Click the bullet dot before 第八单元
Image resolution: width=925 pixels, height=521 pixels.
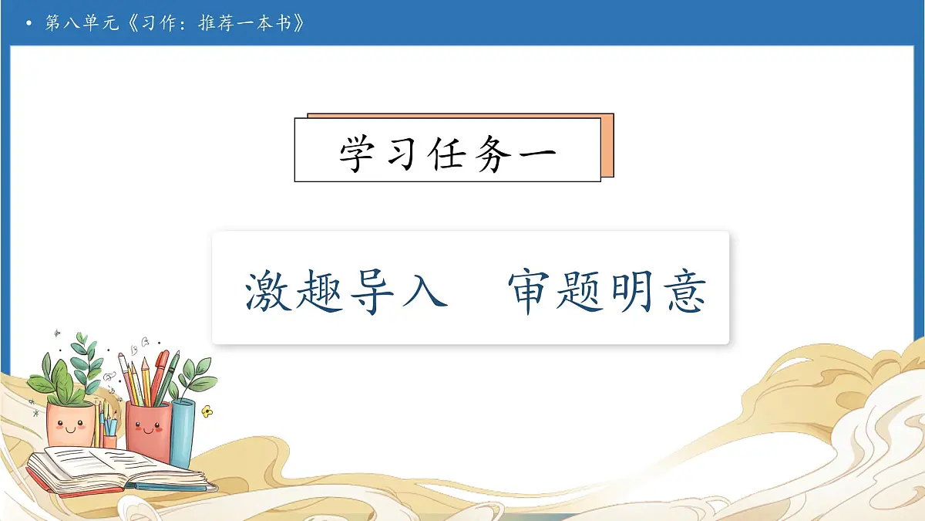point(29,24)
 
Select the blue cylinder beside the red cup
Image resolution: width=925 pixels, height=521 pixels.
point(183,432)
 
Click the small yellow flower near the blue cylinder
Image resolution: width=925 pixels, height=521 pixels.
point(206,411)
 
